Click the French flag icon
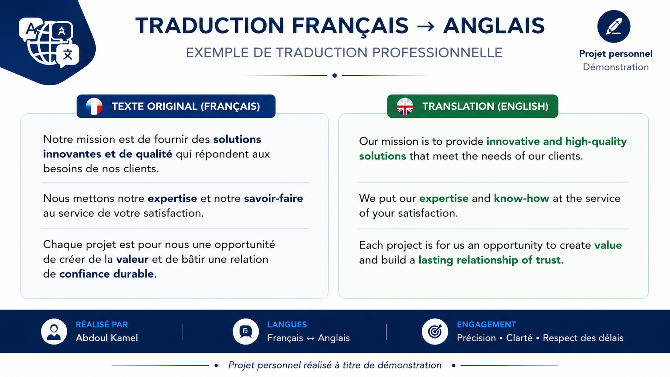(94, 107)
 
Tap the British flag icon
(405, 107)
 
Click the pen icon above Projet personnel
(614, 26)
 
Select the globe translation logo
(49, 42)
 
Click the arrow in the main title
(425, 26)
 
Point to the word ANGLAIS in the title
(494, 26)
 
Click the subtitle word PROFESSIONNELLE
(437, 52)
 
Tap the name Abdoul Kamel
(107, 338)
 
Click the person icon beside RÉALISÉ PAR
(54, 332)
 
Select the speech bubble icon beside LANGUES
(246, 332)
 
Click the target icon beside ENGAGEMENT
(435, 332)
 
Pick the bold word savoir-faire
(273, 198)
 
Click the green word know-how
(521, 198)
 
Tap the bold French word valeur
(132, 259)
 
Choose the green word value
(608, 245)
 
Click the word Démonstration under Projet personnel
(616, 67)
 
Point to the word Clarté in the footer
(519, 338)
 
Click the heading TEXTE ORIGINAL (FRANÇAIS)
(186, 107)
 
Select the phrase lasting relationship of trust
(489, 260)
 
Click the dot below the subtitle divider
(335, 76)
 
